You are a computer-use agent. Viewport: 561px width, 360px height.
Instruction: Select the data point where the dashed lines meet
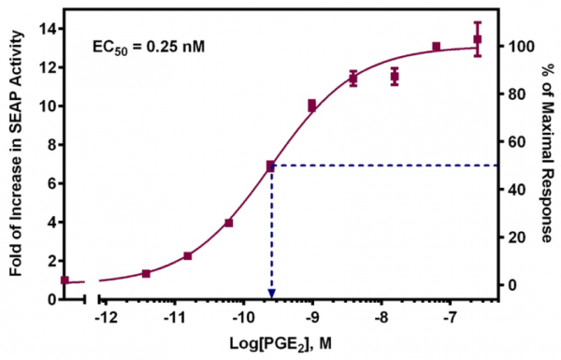(x=271, y=166)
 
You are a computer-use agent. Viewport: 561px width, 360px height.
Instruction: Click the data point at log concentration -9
(x=312, y=106)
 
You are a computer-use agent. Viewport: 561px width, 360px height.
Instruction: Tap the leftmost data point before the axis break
(x=65, y=280)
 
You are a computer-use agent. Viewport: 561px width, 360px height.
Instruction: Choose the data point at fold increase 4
(x=229, y=223)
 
